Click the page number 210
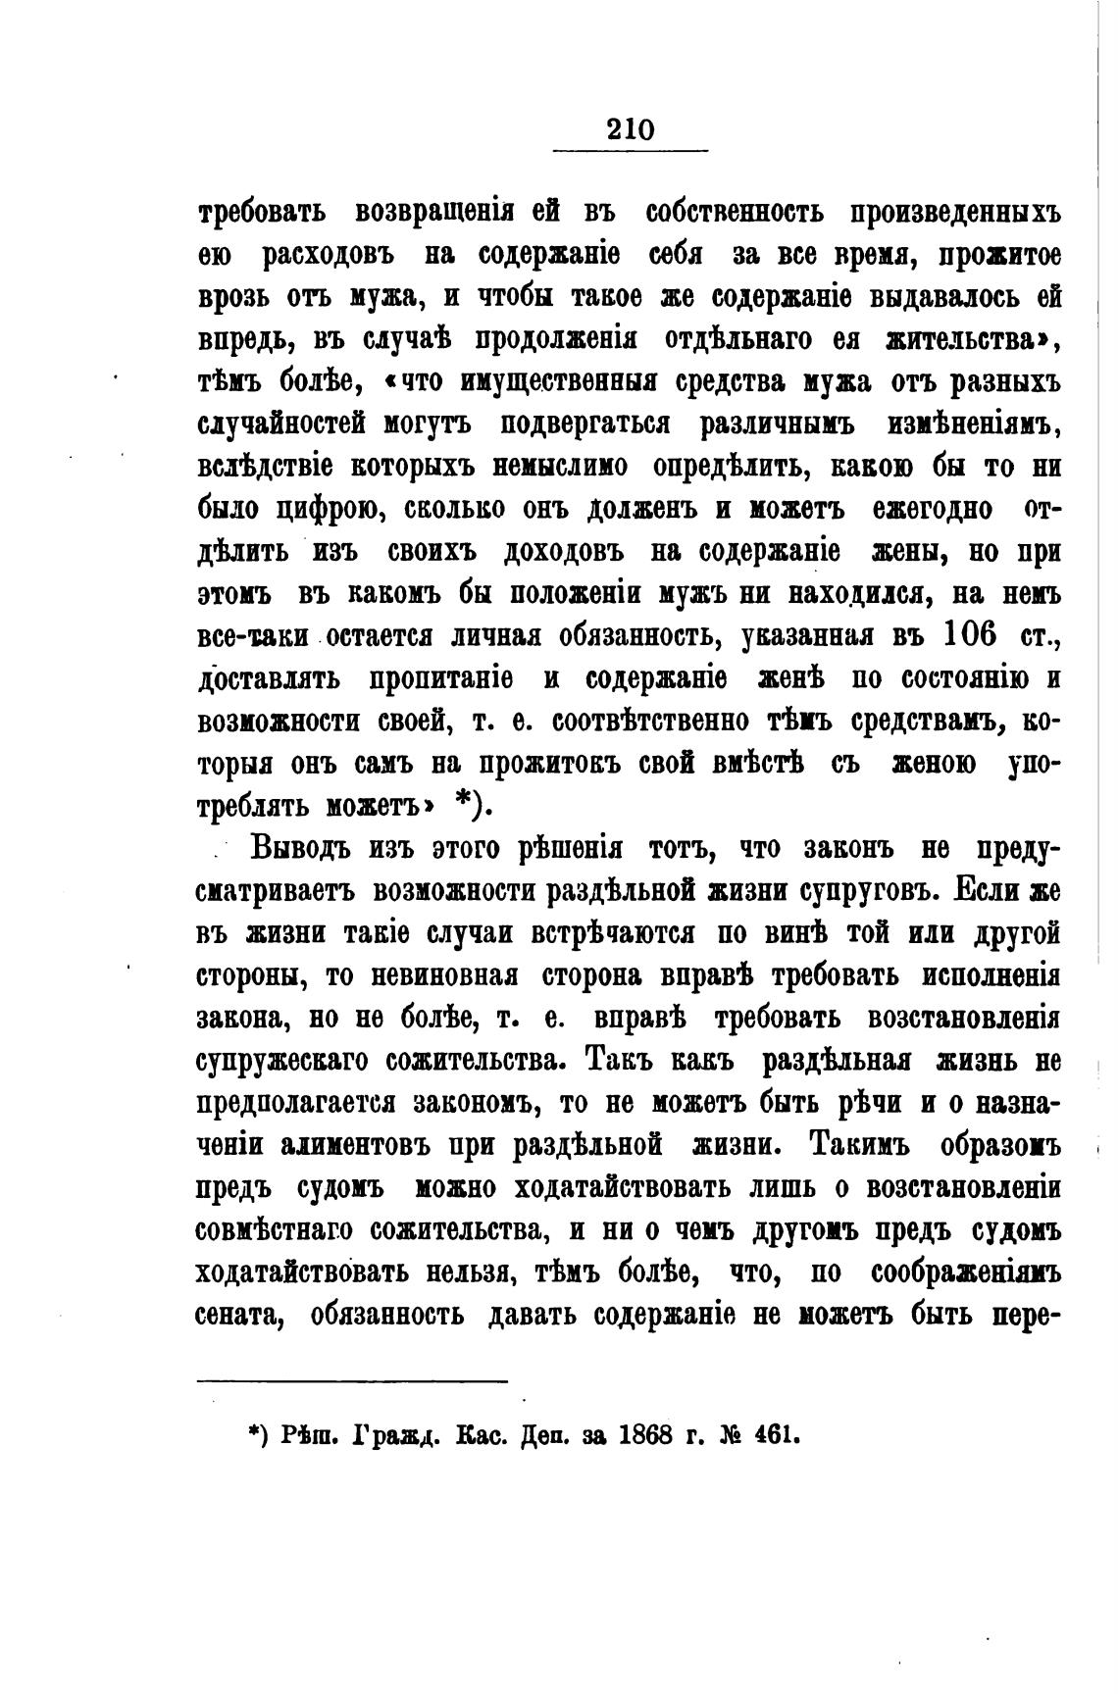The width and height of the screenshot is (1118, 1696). pos(630,129)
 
